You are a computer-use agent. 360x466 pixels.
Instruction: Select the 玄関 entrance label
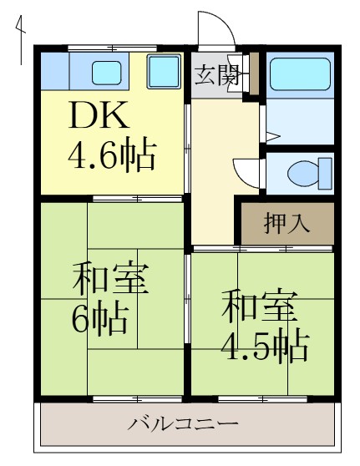point(215,76)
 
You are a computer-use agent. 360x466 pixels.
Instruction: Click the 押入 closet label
point(287,223)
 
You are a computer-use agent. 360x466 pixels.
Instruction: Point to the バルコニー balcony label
point(184,423)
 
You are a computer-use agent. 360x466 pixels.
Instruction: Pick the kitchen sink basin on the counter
point(106,73)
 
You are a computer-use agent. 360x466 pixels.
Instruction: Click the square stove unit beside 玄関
point(164,73)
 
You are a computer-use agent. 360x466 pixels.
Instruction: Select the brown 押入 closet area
point(287,223)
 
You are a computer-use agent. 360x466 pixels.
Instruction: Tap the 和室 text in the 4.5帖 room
point(258,306)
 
